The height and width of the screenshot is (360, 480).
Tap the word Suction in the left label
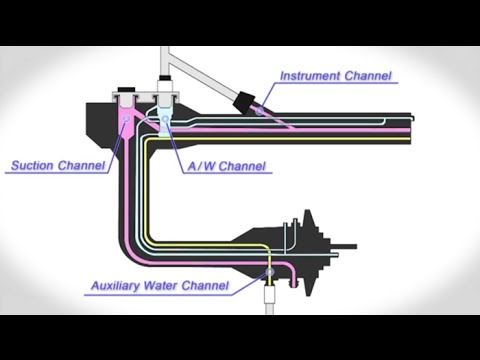point(33,165)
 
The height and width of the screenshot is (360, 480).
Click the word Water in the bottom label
point(169,286)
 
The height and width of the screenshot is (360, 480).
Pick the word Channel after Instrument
point(367,75)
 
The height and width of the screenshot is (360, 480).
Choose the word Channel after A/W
point(243,165)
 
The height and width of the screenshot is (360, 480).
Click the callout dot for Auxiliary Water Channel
point(268,271)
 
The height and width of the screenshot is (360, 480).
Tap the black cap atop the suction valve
point(127,92)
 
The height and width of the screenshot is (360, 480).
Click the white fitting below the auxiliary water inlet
point(268,295)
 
